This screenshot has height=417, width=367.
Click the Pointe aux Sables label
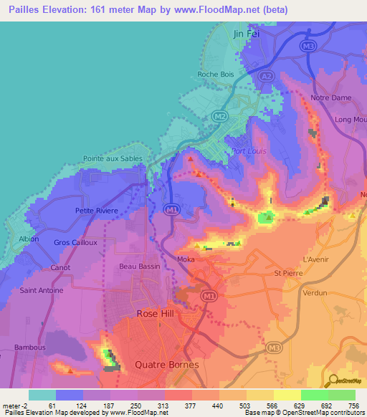[x=113, y=158]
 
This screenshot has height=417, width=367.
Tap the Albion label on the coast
[x=29, y=239]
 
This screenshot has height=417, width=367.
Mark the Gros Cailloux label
[x=75, y=243]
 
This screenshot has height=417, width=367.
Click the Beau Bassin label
[x=137, y=266]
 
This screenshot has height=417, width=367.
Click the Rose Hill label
[x=156, y=314]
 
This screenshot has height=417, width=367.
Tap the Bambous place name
[x=32, y=347]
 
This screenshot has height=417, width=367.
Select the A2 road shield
[x=265, y=75]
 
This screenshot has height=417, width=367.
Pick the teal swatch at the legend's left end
[x=42, y=395]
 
